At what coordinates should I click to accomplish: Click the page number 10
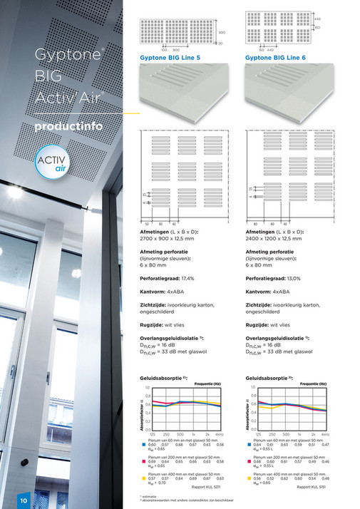tap(24, 500)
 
